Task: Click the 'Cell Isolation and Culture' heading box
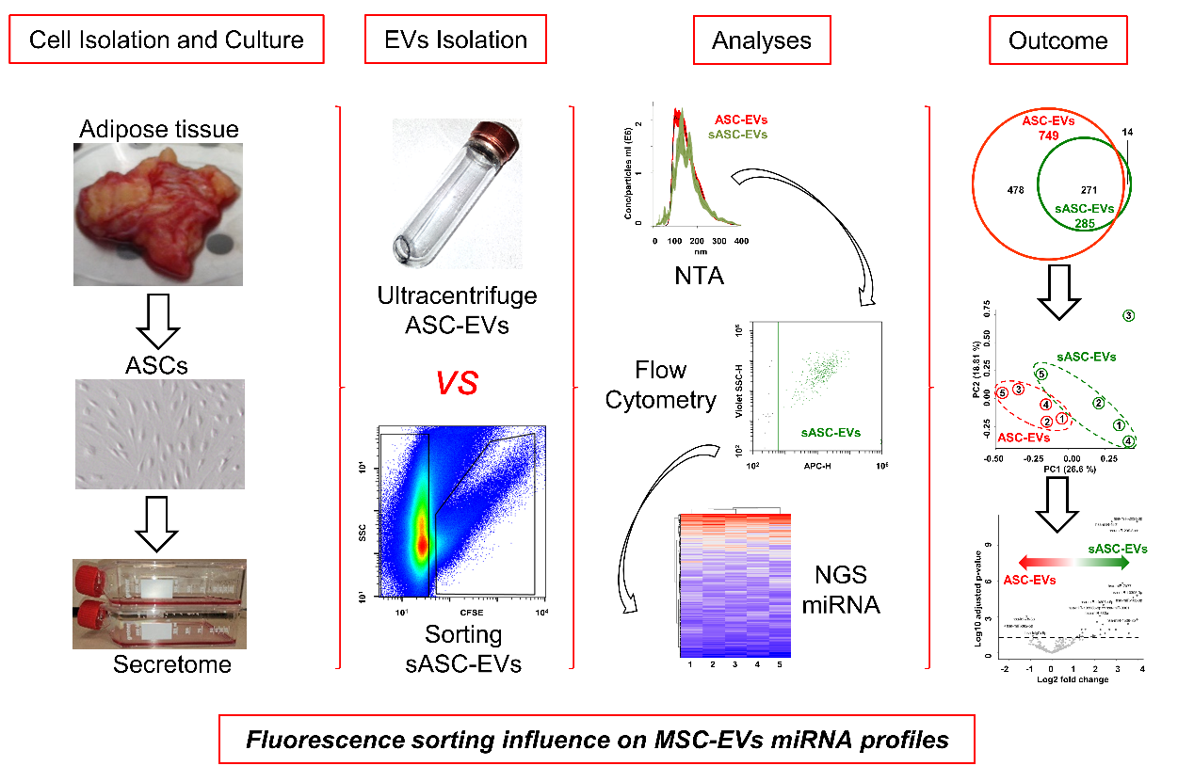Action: [167, 40]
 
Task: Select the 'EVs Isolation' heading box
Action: [455, 40]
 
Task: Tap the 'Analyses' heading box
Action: [761, 40]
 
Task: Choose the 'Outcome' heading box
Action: [1057, 40]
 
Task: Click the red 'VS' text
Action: [456, 383]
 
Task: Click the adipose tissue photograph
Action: [158, 215]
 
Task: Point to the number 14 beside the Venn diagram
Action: [1127, 133]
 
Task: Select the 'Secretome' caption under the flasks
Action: [158, 664]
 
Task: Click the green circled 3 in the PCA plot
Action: [1128, 316]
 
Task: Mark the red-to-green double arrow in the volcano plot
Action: [1066, 563]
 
